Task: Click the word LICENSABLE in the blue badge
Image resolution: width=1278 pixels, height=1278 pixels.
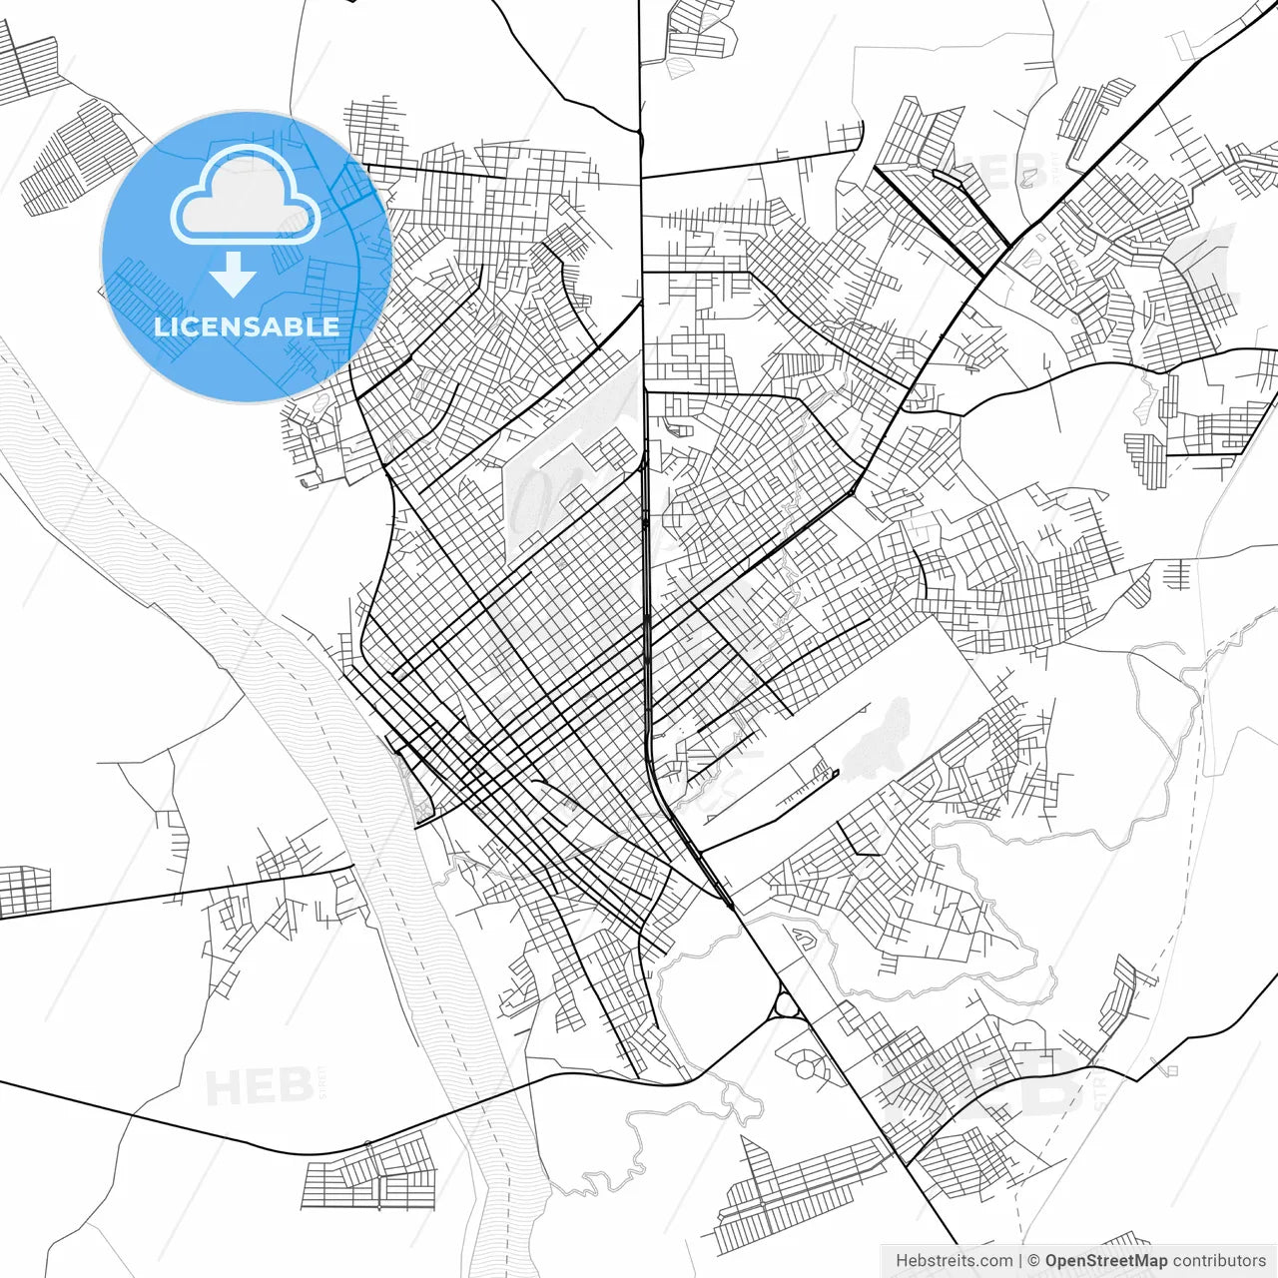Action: (x=246, y=326)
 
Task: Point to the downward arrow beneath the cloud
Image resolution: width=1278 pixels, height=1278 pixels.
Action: (x=234, y=274)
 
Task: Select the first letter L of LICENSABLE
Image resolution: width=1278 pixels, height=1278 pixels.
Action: (x=161, y=326)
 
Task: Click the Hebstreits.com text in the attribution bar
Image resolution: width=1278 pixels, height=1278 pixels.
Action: (x=954, y=1261)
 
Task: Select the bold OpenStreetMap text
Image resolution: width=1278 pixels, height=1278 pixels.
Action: (x=1106, y=1261)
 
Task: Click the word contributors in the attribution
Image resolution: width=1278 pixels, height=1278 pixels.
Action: (x=1219, y=1261)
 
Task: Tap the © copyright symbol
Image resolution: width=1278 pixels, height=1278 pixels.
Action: (x=1034, y=1261)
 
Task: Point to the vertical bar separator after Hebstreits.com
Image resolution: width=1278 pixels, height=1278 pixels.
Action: (x=1019, y=1261)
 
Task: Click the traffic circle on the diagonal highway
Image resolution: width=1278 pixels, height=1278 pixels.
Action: (x=786, y=1002)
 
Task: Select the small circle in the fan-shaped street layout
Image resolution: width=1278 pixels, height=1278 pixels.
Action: (x=805, y=1069)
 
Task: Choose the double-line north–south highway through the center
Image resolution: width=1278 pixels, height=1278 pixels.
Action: (x=648, y=599)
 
